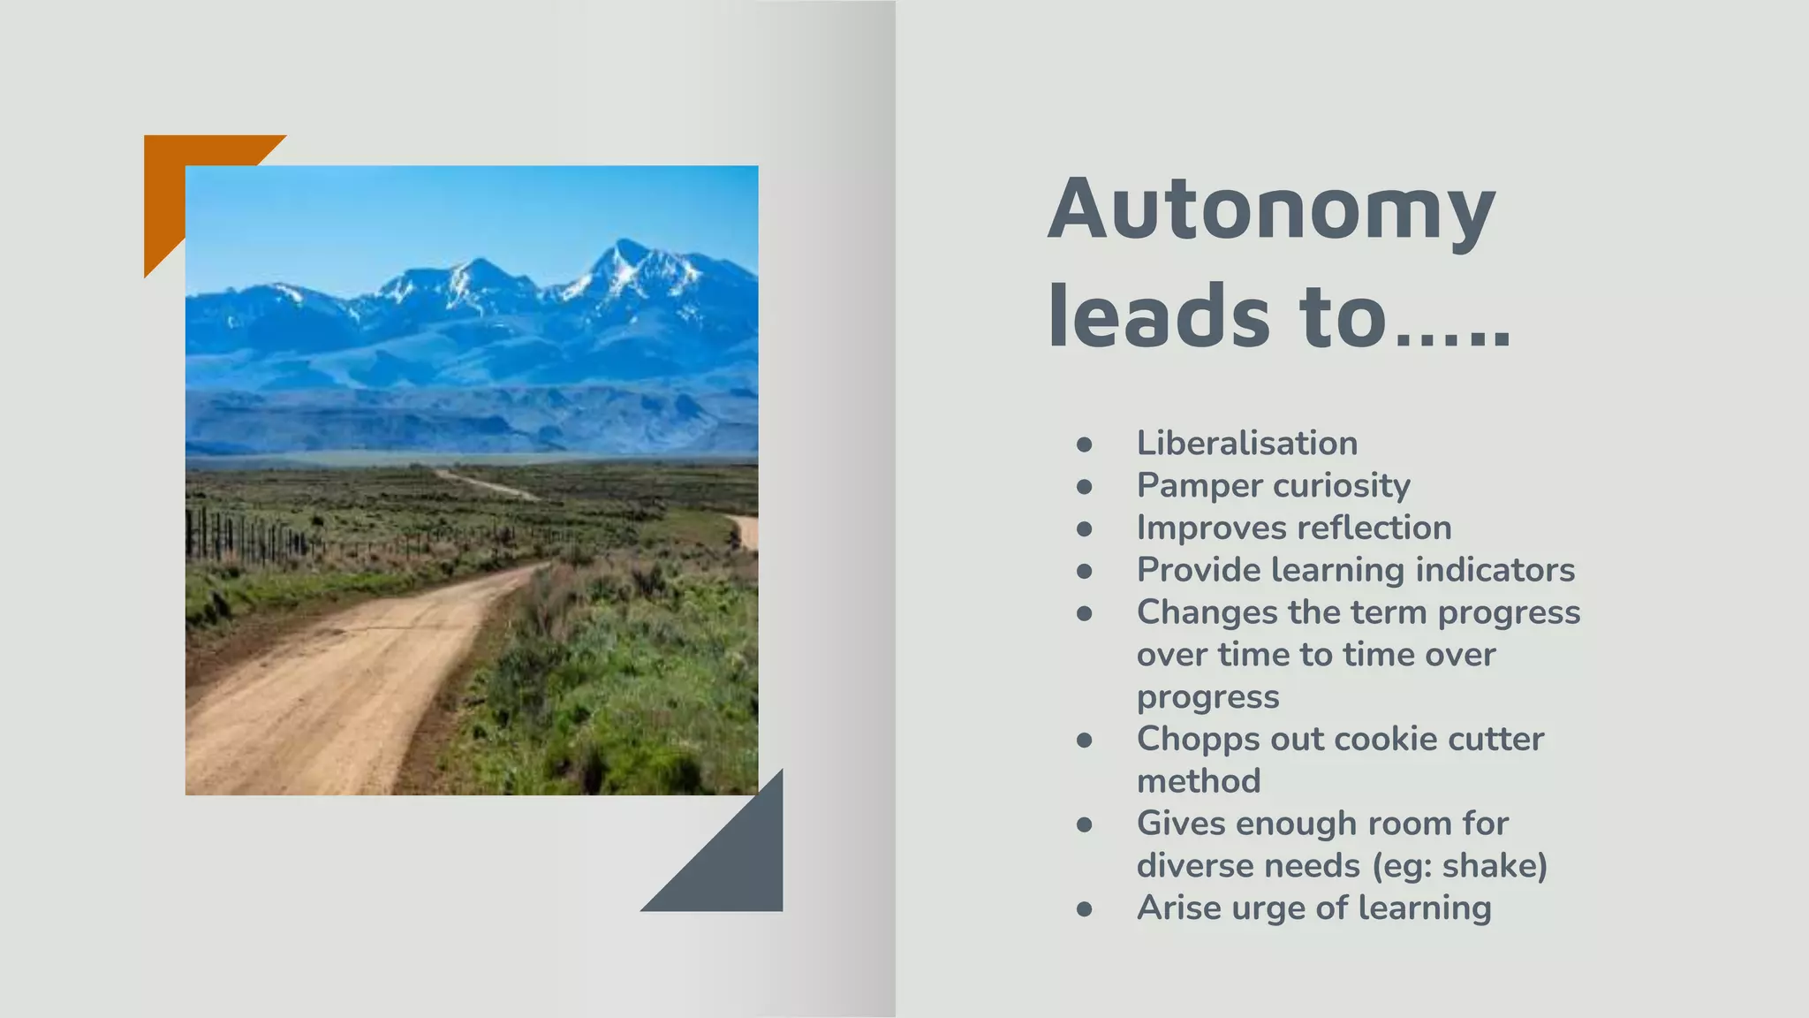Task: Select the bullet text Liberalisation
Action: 1246,443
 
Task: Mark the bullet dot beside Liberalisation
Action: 1085,444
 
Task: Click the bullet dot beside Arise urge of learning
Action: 1085,908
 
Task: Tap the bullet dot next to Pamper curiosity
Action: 1085,486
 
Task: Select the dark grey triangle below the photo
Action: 733,866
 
